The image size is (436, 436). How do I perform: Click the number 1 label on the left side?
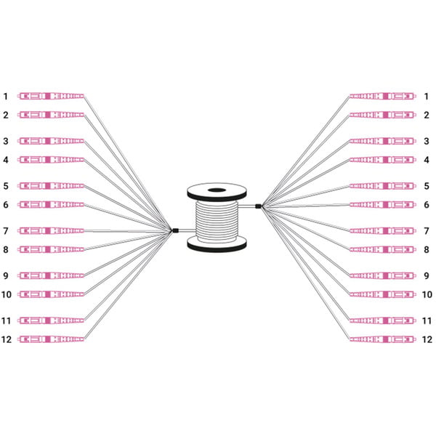5,97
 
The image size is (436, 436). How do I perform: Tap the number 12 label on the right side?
427,339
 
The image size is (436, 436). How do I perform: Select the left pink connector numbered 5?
51,186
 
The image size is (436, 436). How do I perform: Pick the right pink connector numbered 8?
383,249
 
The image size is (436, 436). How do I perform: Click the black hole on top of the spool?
217,190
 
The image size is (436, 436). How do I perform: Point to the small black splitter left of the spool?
175,230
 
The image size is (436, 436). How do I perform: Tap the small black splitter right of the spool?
258,206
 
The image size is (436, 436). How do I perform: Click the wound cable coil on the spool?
217,221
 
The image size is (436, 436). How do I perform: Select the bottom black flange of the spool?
217,244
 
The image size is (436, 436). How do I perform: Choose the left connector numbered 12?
51,339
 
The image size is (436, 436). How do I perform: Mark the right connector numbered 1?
383,96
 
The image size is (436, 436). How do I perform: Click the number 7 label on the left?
6,231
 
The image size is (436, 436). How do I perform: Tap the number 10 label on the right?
427,294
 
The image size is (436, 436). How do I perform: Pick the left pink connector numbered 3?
51,141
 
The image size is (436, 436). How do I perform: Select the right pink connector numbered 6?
383,205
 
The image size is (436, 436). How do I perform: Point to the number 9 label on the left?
6,276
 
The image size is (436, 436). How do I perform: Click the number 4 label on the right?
427,160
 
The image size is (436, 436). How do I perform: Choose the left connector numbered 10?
51,294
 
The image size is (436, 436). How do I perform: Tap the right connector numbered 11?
383,320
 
